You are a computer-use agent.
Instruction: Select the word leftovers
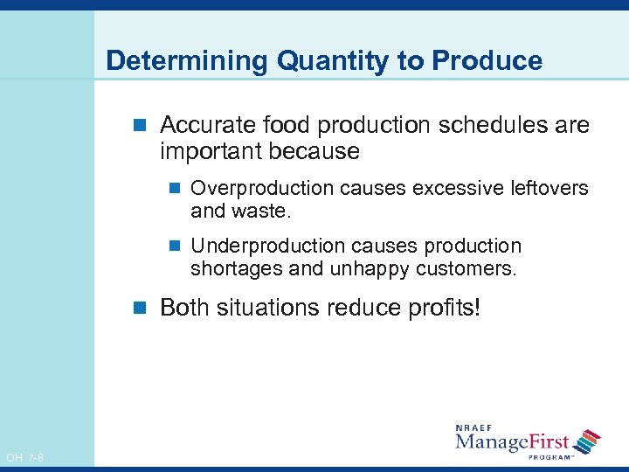tap(550, 188)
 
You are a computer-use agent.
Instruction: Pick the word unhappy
tap(369, 269)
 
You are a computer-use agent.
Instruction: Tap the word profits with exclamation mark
tap(443, 308)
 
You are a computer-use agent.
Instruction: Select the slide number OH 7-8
tap(24, 457)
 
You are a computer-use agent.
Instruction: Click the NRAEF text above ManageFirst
tap(475, 427)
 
